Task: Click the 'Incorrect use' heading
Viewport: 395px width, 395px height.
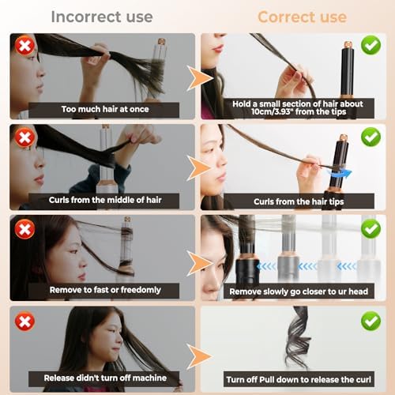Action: pyautogui.click(x=102, y=17)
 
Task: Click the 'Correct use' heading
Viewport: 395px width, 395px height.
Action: pyautogui.click(x=302, y=17)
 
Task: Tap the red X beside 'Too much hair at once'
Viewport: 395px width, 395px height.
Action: pyautogui.click(x=24, y=46)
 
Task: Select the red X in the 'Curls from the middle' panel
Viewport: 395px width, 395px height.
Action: pyautogui.click(x=24, y=137)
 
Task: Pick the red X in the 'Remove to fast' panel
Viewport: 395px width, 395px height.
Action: pyautogui.click(x=24, y=229)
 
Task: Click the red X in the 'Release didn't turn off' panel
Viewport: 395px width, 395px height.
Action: pyautogui.click(x=24, y=321)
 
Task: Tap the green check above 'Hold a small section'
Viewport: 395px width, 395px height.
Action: pyautogui.click(x=371, y=45)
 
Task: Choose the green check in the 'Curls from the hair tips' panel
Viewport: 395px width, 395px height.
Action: pyautogui.click(x=371, y=137)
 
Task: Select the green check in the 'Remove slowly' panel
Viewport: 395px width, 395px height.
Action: pyautogui.click(x=371, y=228)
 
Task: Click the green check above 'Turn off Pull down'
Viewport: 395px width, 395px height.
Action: pyautogui.click(x=371, y=321)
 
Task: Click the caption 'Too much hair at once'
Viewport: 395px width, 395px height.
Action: pyautogui.click(x=105, y=109)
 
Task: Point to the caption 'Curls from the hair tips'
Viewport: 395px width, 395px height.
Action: pyautogui.click(x=299, y=201)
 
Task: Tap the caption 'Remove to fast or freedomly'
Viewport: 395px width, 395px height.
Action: pyautogui.click(x=105, y=290)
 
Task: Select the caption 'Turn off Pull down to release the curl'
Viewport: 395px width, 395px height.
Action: pyautogui.click(x=299, y=379)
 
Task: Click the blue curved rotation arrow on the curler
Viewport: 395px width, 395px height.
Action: pyautogui.click(x=339, y=174)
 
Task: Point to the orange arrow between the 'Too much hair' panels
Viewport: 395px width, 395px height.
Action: pyautogui.click(x=200, y=78)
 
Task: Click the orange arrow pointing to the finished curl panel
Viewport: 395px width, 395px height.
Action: pyautogui.click(x=200, y=356)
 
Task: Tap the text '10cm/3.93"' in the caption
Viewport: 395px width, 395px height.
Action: pyautogui.click(x=272, y=112)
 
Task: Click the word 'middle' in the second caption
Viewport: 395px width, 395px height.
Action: pyautogui.click(x=123, y=200)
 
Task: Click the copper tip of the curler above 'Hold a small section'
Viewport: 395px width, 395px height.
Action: pyautogui.click(x=348, y=44)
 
